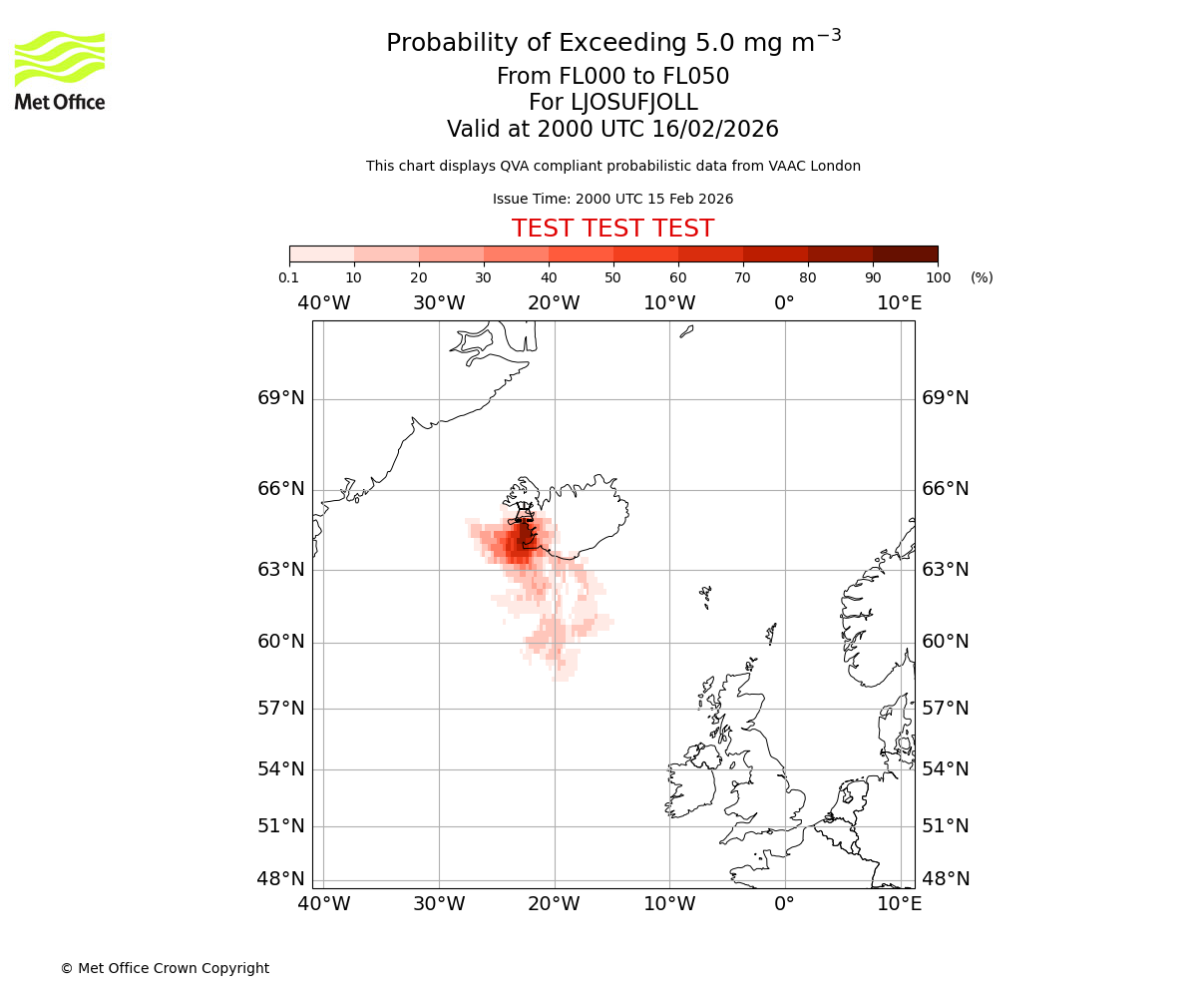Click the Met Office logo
[60, 70]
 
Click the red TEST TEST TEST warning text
[612, 229]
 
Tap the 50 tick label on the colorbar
[612, 277]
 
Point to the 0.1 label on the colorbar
[288, 277]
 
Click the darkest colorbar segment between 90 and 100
[905, 253]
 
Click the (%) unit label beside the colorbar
[982, 277]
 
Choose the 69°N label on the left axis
[281, 398]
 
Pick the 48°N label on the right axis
[945, 879]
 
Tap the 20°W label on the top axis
[554, 302]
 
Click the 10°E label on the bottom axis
[899, 904]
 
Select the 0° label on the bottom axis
[784, 904]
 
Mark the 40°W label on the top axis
[323, 302]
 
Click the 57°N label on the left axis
[281, 709]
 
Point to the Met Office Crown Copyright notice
[165, 968]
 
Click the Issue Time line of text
[612, 199]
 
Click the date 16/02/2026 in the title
[715, 129]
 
